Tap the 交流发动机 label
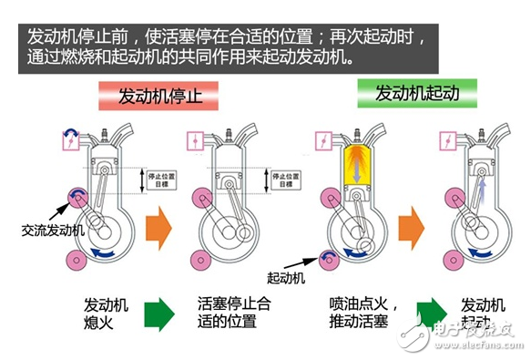point(53,230)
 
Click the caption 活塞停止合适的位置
point(234,313)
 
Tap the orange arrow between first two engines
point(161,224)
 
